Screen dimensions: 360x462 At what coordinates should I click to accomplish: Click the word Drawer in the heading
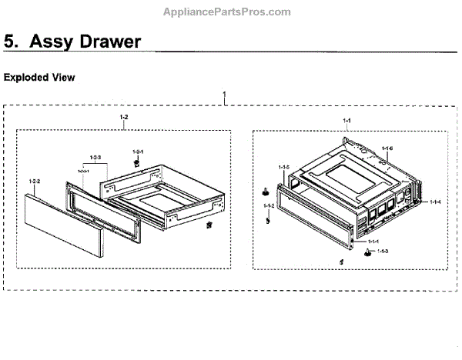[x=109, y=42]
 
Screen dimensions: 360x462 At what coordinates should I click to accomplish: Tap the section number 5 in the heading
[x=11, y=42]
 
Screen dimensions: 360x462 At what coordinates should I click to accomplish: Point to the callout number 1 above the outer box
[x=224, y=98]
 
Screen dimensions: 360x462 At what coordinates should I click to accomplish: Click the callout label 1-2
[x=124, y=116]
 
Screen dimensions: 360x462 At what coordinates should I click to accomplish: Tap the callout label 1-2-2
[x=34, y=182]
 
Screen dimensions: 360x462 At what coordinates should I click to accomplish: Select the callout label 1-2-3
[x=95, y=158]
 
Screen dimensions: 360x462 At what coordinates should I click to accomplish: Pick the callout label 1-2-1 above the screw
[x=139, y=151]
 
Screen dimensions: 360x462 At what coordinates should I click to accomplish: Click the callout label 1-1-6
[x=387, y=148]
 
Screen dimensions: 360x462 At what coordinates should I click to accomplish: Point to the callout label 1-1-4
[x=435, y=202]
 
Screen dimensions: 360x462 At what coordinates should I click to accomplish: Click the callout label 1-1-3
[x=383, y=252]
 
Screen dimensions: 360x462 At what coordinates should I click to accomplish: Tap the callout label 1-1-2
[x=269, y=206]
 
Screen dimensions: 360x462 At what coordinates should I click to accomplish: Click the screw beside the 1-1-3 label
[x=368, y=252]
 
